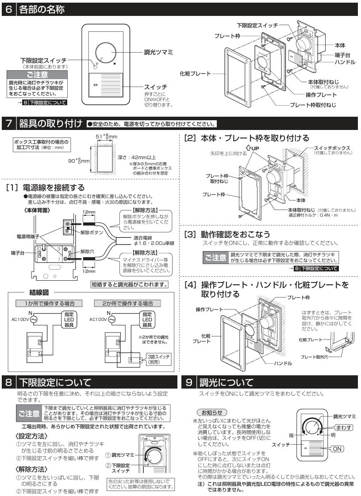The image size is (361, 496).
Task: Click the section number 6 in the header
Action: (x=8, y=9)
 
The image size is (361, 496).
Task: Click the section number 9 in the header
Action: (x=189, y=382)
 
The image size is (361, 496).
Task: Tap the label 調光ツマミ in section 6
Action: (x=158, y=52)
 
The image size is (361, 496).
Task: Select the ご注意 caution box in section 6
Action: (x=37, y=84)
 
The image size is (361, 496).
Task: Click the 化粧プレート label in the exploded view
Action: (x=195, y=74)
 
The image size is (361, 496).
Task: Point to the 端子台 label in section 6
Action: (x=342, y=55)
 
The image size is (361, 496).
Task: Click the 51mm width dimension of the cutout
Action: (x=107, y=137)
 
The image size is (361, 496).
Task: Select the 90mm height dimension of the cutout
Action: (x=79, y=160)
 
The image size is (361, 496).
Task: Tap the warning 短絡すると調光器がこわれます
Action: (x=130, y=284)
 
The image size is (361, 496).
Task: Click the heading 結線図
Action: (x=39, y=292)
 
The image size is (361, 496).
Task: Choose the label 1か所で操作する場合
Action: (x=50, y=303)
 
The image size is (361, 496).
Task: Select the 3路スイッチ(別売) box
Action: (x=159, y=359)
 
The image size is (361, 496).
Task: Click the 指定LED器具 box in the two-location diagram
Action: (x=147, y=320)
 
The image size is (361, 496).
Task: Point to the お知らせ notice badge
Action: (x=212, y=412)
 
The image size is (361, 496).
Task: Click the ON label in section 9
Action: (x=337, y=449)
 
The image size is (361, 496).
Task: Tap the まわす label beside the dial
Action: (x=343, y=427)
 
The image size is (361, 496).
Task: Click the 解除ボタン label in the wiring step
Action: (x=92, y=233)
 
